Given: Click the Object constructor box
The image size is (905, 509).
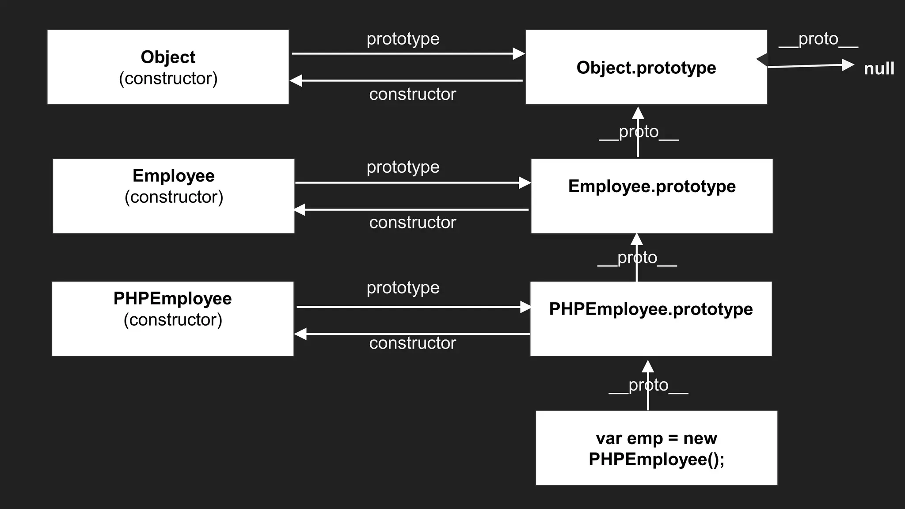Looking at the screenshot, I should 168,67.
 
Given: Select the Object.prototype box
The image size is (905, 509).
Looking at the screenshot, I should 646,67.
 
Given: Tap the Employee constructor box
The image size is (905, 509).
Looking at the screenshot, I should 173,196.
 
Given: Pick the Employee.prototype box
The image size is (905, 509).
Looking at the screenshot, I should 652,196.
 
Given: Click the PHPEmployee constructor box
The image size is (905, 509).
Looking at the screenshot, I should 172,319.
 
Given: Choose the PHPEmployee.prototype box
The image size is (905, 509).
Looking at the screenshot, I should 651,319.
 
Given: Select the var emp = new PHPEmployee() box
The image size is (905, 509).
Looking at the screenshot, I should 656,448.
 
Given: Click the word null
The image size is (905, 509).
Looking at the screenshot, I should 879,69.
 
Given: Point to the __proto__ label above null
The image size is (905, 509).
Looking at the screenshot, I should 818,39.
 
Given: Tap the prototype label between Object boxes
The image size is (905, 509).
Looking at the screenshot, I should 403,39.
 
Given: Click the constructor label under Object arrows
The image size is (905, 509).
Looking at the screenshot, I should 412,94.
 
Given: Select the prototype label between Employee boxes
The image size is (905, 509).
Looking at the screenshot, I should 403,167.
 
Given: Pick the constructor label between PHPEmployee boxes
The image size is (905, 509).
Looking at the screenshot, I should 412,343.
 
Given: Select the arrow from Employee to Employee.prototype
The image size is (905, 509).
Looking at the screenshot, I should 411,182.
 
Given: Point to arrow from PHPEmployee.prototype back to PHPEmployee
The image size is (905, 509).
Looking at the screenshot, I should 411,334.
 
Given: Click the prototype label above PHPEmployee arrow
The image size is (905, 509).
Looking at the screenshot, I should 403,288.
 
